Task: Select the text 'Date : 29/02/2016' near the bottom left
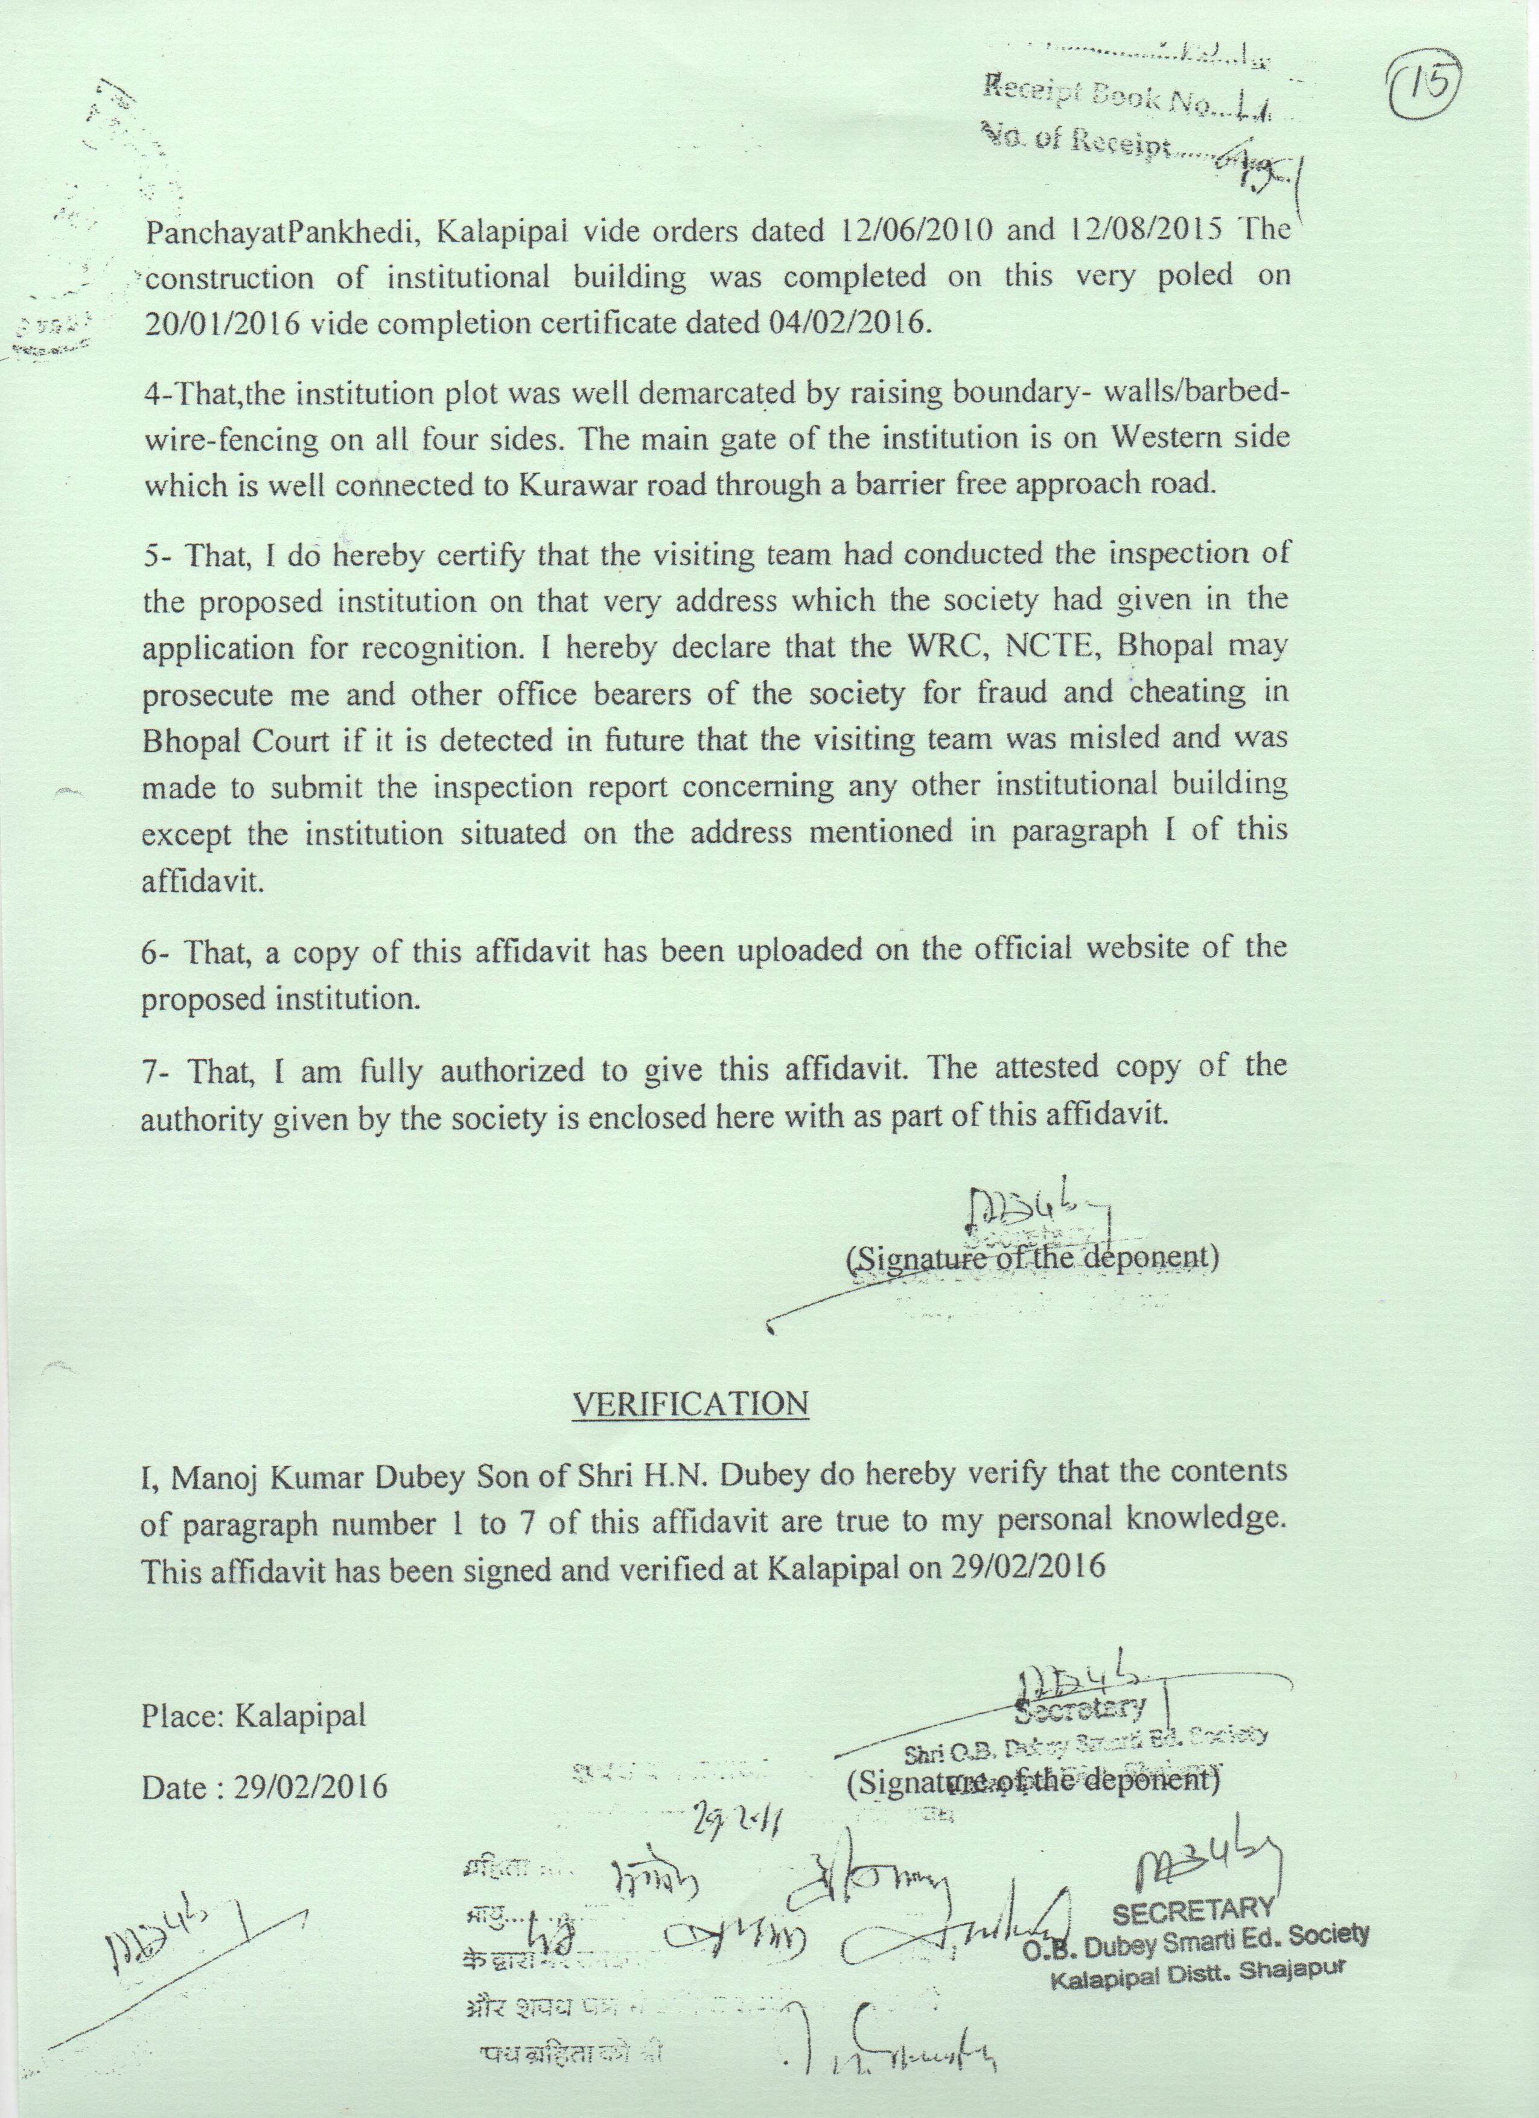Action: point(264,1787)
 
